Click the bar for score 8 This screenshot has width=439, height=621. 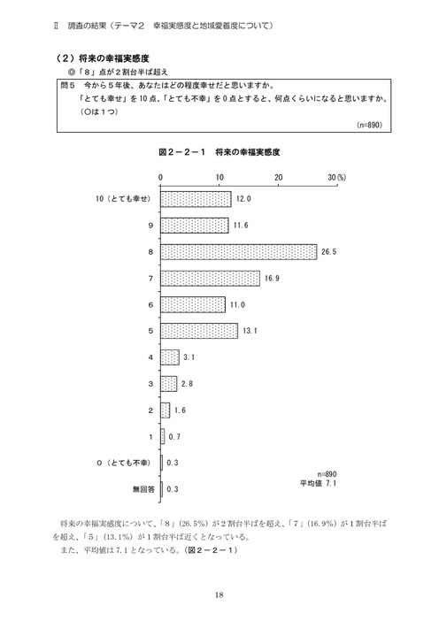238,251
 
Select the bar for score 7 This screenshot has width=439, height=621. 210,278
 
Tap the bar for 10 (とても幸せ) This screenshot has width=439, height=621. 196,199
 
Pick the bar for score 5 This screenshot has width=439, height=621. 199,331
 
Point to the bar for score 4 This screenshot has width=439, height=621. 170,357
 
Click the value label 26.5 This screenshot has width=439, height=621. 330,252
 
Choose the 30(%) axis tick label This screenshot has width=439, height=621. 336,178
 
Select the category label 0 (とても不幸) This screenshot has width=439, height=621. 126,463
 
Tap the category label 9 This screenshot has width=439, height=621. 151,226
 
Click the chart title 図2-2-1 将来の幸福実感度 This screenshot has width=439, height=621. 219,152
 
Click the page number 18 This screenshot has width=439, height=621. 219,594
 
